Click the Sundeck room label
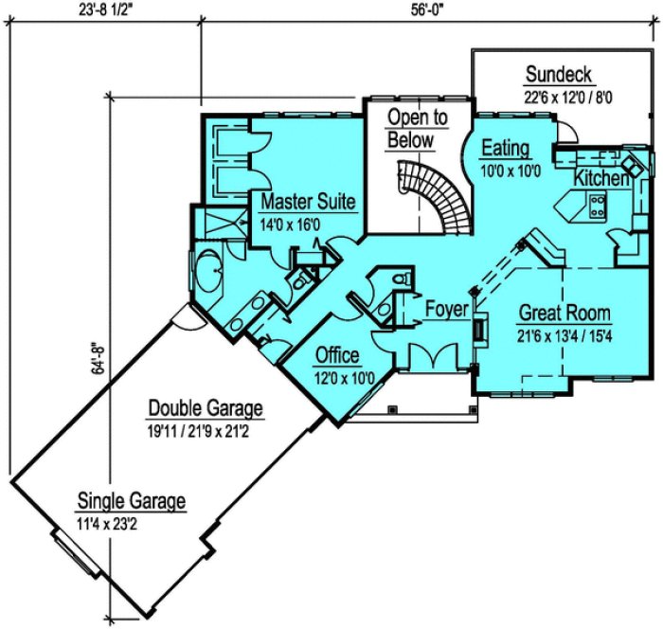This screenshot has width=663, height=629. pos(559,74)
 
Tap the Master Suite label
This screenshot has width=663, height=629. pos(308,201)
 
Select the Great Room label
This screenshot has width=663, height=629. pos(564,314)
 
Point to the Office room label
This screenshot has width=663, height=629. pos(337,355)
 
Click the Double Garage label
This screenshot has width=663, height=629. pos(205,408)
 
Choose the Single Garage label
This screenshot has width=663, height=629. pos(131,501)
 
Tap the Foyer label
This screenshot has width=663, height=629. pos(446,309)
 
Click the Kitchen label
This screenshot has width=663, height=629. pos(601,178)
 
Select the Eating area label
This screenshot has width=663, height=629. pos(506,150)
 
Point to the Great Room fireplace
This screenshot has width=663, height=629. pos(480,329)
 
